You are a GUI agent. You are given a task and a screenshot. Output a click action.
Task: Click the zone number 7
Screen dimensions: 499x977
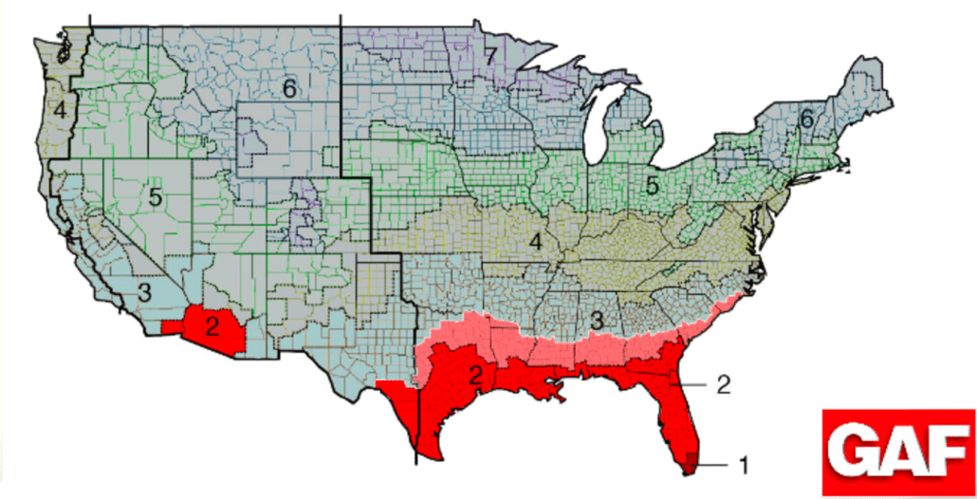tap(489, 56)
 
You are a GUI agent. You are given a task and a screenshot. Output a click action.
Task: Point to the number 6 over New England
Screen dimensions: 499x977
tap(806, 120)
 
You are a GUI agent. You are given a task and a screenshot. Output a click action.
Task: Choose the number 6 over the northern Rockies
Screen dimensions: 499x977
tap(289, 88)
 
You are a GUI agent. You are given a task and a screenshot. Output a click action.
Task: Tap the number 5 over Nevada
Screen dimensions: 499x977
tap(156, 197)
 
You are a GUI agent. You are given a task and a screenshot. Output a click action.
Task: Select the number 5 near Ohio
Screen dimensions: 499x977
tap(652, 185)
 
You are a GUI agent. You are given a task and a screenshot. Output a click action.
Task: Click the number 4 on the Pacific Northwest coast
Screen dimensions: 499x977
tap(60, 110)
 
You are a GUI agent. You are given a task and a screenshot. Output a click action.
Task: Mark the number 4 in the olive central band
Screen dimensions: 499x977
tap(536, 242)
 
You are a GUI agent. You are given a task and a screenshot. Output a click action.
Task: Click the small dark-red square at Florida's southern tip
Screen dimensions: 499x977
tap(691, 462)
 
